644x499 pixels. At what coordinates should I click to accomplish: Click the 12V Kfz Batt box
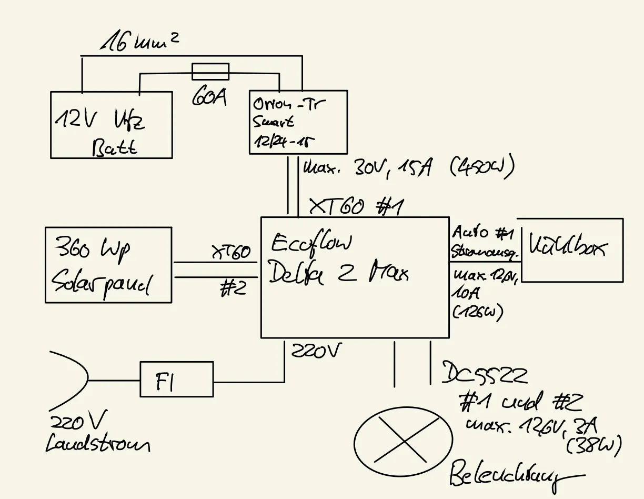click(111, 125)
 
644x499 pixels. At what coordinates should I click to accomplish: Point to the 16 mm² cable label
click(139, 42)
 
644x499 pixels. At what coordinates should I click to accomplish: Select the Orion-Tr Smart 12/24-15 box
click(297, 122)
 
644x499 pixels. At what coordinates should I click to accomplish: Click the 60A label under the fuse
click(209, 98)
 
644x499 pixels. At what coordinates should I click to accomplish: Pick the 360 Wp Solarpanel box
click(108, 265)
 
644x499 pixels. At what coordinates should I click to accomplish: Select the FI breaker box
click(176, 379)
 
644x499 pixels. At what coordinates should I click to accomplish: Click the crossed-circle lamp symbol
click(403, 441)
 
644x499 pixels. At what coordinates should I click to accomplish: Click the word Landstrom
click(97, 444)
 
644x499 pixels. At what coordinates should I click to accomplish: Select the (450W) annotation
click(482, 168)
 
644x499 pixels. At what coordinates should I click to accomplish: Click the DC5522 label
click(484, 373)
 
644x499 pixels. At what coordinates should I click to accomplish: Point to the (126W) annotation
click(477, 312)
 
